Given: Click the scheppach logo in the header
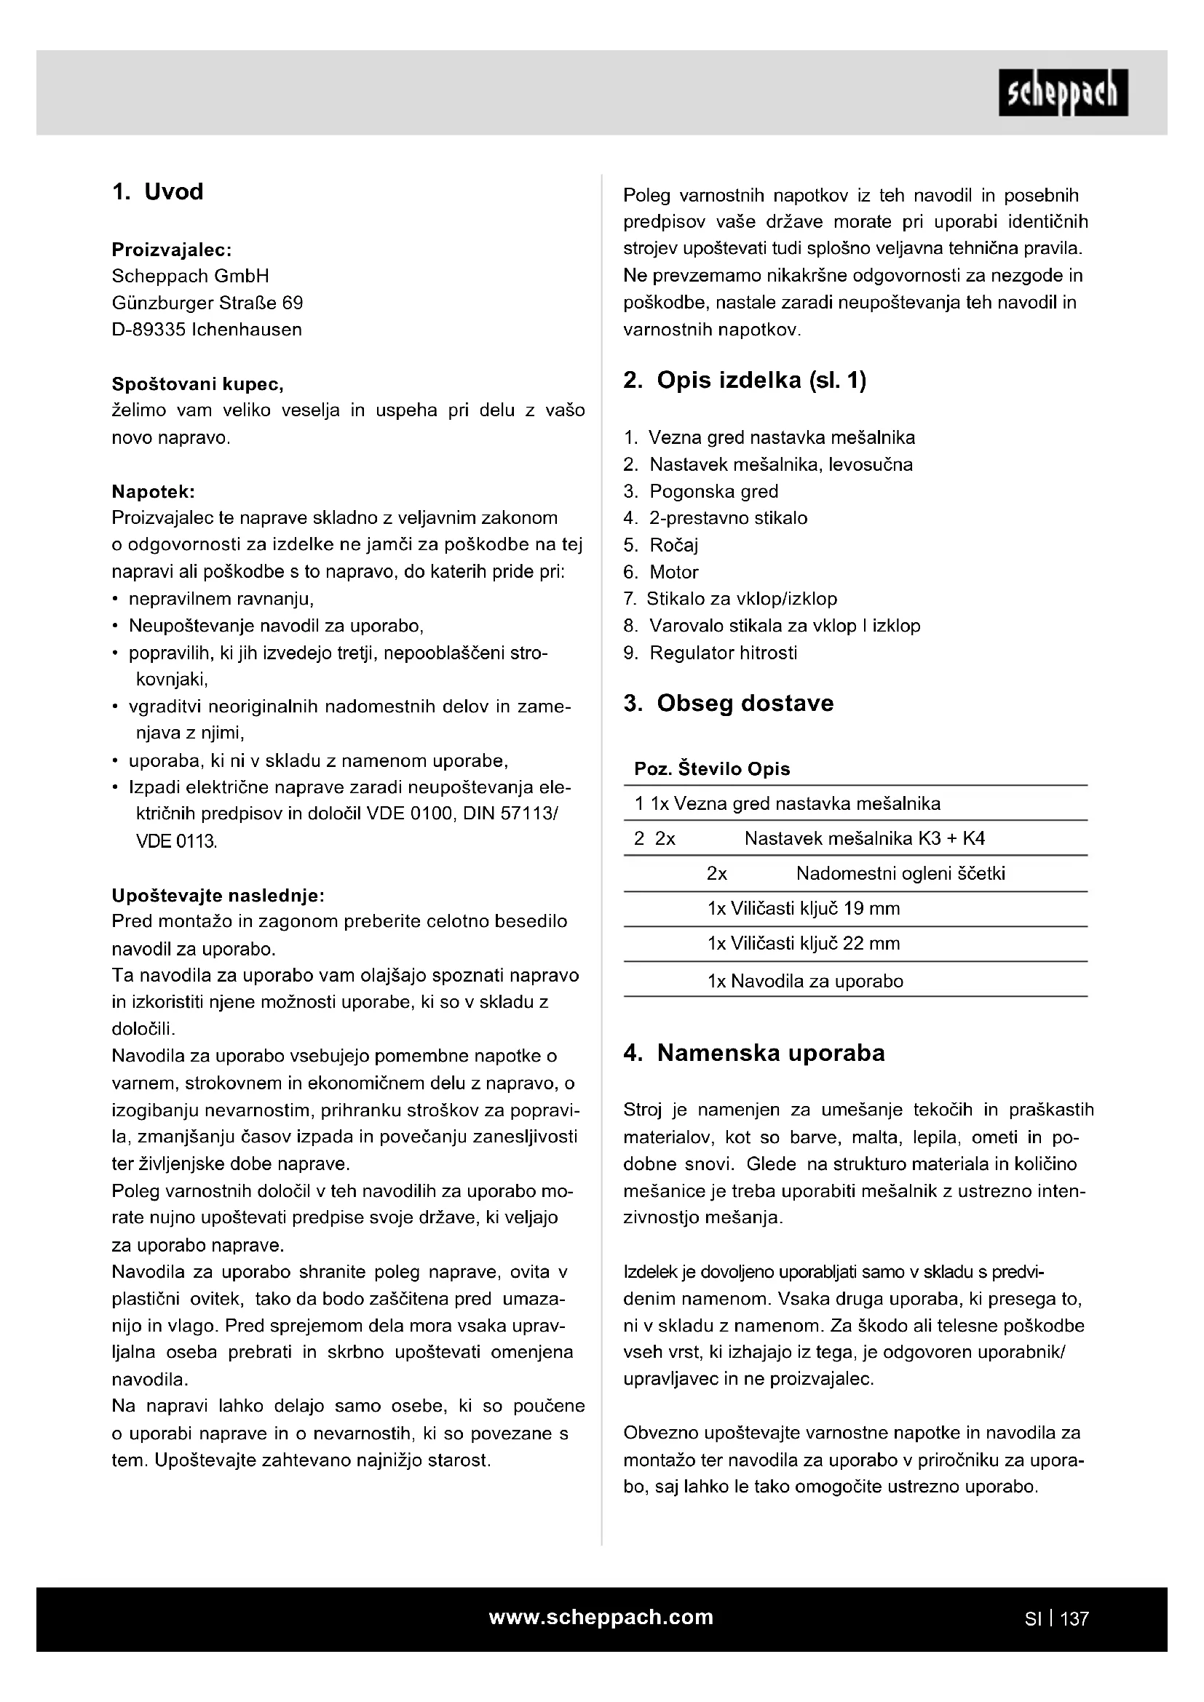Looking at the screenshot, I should pos(1062,92).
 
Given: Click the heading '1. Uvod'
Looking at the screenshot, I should pos(157,192).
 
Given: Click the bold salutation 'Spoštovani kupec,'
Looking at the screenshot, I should pos(197,384).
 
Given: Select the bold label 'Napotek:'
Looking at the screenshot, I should pos(154,491).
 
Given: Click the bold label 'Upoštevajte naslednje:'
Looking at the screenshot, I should pos(218,896).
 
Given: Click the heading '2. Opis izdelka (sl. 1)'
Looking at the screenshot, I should pos(745,381).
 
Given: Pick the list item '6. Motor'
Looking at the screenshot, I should pos(660,572).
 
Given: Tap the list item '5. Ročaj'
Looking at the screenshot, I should pos(660,546).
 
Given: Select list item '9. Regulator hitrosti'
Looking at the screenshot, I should pos(710,653).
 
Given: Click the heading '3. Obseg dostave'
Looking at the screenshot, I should pos(728,704).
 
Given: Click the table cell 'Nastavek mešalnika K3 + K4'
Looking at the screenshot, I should pos(865,838).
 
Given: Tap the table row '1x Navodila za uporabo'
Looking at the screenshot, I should pos(805,982).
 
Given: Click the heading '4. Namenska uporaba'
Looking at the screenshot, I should pos(754,1054).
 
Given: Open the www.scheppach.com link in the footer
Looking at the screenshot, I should pos(601,1617).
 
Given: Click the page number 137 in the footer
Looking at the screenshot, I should pos(1074,1618).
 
